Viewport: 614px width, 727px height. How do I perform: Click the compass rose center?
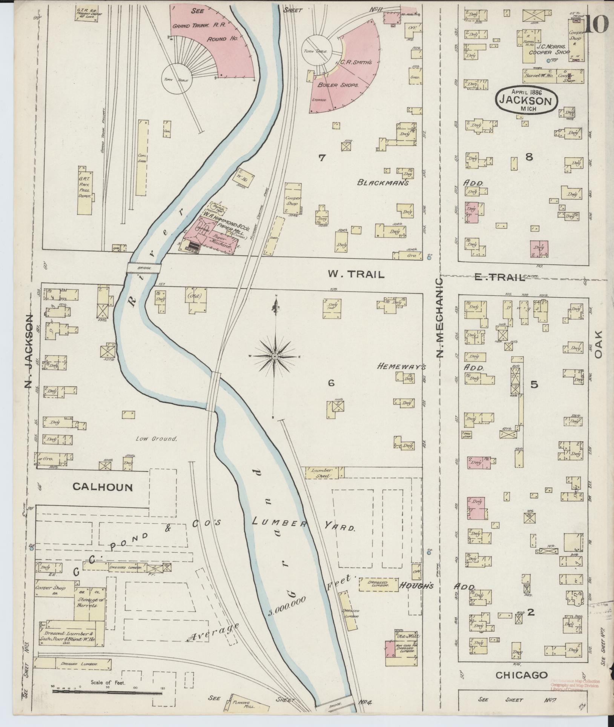pyautogui.click(x=275, y=357)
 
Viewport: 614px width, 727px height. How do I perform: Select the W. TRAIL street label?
pyautogui.click(x=356, y=275)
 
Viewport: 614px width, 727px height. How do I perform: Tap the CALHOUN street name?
pyautogui.click(x=103, y=487)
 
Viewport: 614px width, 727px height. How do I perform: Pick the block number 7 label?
pyautogui.click(x=321, y=158)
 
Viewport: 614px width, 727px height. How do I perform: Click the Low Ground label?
pyautogui.click(x=156, y=439)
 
